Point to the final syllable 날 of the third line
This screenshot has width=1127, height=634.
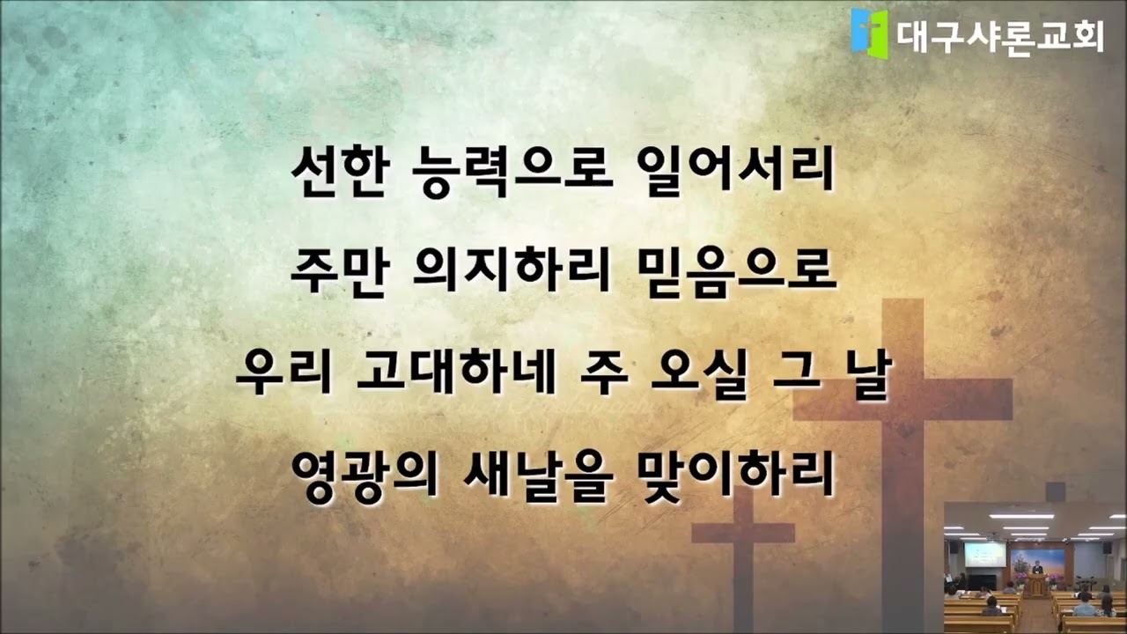coord(872,373)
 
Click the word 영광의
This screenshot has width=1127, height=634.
coord(360,474)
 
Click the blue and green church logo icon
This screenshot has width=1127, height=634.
coord(870,33)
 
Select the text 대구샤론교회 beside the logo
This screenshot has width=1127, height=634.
coord(1000,35)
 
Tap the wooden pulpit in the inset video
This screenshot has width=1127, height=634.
coord(1036,585)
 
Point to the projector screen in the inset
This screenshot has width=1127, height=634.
coord(985,554)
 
